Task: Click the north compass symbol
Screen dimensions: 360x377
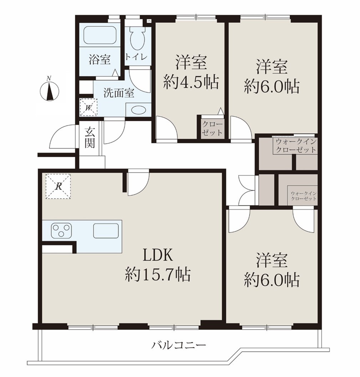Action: click(x=49, y=90)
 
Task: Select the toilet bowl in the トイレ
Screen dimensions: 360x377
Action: click(x=137, y=38)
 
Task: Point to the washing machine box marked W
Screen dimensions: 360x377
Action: click(x=88, y=107)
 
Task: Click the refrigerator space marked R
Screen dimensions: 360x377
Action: click(x=58, y=186)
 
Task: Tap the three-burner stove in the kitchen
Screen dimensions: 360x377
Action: click(x=61, y=231)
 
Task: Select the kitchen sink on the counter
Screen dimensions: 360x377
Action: click(x=106, y=231)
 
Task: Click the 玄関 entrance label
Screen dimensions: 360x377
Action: click(x=89, y=138)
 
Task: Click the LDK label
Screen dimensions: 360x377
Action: click(x=158, y=255)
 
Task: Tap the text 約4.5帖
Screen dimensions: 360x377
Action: click(x=191, y=82)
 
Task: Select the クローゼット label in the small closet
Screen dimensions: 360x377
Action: click(x=212, y=129)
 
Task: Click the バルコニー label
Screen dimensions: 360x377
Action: click(x=179, y=346)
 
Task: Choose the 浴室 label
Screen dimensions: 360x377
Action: click(x=100, y=60)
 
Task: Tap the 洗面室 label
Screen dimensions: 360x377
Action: click(x=119, y=93)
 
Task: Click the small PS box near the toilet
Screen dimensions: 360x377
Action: click(x=149, y=21)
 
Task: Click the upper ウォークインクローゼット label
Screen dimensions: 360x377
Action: click(x=296, y=146)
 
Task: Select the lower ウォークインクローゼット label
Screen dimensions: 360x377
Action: click(x=303, y=196)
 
